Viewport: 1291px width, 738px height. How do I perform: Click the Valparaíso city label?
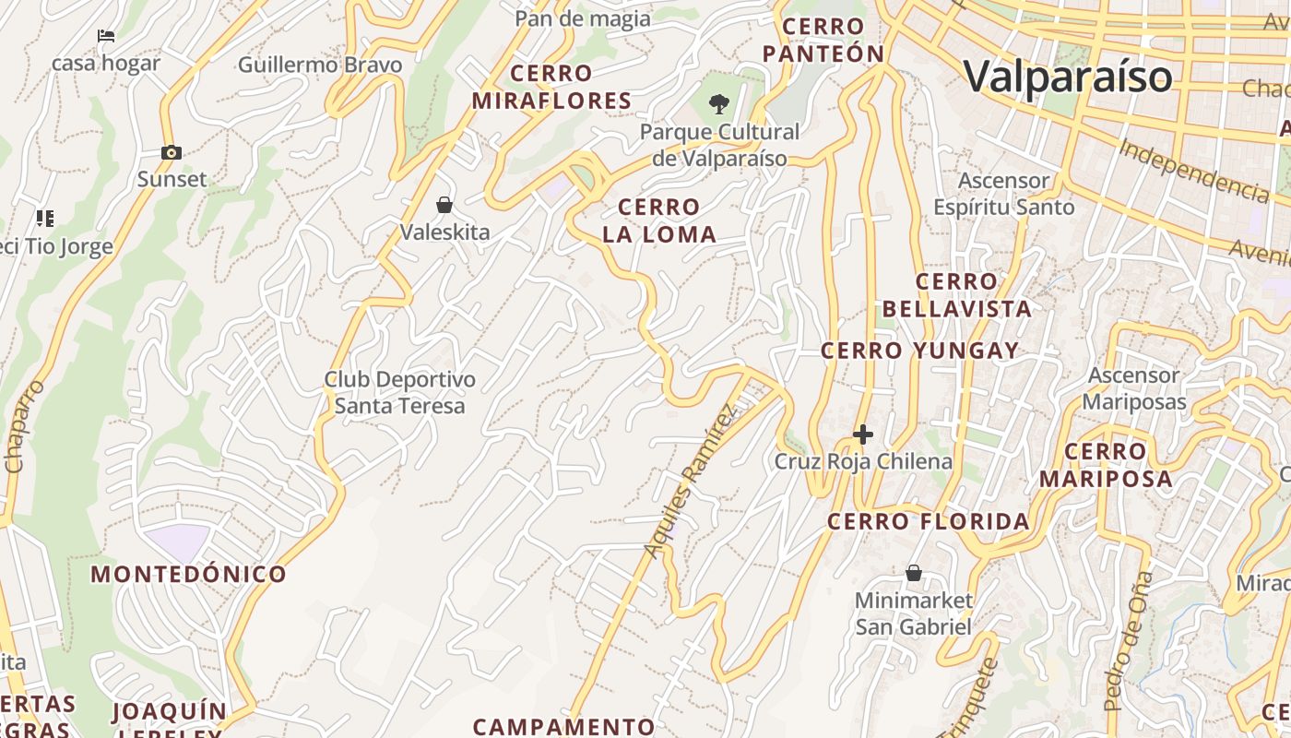(x=1069, y=76)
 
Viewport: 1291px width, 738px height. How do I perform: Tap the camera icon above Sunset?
(x=171, y=153)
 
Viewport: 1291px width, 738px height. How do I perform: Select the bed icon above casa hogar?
(x=106, y=37)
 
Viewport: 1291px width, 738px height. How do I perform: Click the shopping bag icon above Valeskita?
(x=444, y=205)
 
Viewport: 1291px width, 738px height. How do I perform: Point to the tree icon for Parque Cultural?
(x=719, y=103)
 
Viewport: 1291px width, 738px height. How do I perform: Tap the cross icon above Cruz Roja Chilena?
(x=863, y=434)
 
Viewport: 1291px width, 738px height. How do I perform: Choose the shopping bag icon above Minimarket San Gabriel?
(x=913, y=574)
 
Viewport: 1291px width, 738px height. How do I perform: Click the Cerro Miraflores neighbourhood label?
(x=551, y=87)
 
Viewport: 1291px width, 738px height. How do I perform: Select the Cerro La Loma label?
(x=659, y=220)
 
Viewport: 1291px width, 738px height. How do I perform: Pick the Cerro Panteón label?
(x=824, y=41)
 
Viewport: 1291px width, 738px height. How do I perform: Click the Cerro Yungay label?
(x=919, y=351)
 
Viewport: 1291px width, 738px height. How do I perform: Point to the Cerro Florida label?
(x=928, y=522)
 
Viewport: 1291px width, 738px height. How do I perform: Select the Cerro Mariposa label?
(x=1106, y=465)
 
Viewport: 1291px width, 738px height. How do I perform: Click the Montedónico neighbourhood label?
(x=188, y=575)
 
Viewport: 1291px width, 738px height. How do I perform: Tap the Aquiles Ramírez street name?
(x=692, y=482)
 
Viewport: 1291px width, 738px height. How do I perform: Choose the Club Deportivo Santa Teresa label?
(x=399, y=392)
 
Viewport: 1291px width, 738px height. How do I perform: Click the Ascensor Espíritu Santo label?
(x=1003, y=194)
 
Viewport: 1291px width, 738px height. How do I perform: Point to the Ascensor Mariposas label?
(x=1133, y=388)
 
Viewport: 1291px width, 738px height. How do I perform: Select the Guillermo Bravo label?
(x=320, y=65)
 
